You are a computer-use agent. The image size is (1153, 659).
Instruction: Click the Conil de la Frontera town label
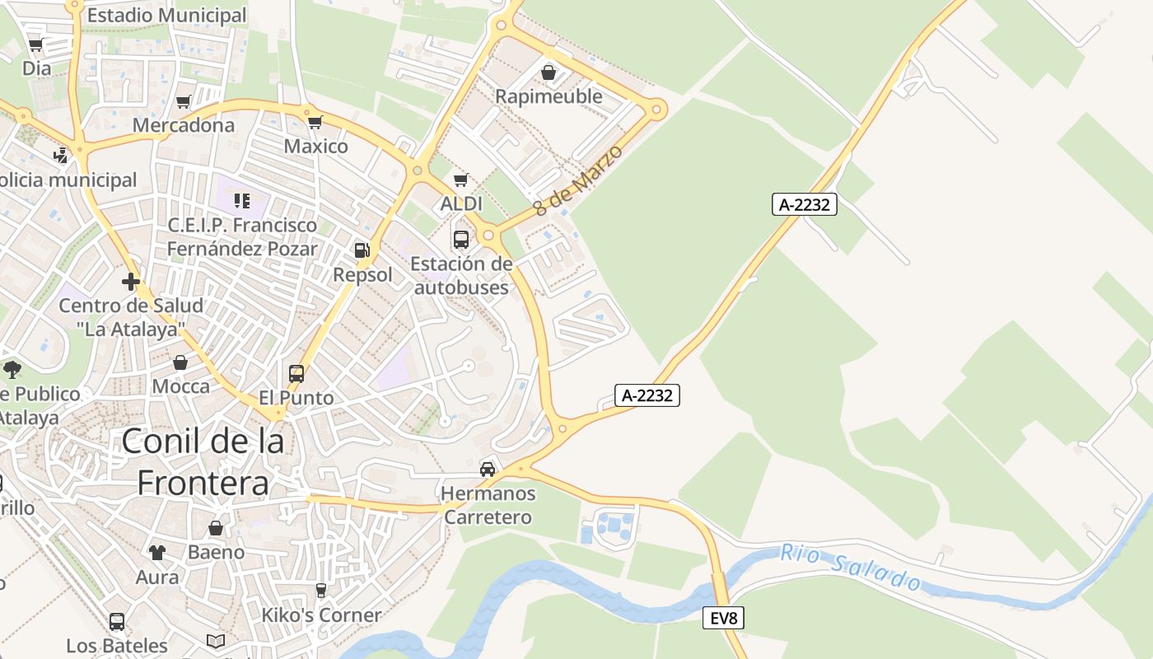203,461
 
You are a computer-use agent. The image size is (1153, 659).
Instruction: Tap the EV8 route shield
723,618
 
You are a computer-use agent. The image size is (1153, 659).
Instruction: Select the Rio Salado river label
851,568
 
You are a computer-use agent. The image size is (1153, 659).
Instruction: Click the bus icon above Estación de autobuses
461,240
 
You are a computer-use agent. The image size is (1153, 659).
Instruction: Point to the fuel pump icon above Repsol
362,250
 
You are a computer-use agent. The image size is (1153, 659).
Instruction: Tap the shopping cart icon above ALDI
461,180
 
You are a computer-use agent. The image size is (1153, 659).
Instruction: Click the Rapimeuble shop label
548,96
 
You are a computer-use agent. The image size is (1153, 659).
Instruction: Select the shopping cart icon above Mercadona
183,101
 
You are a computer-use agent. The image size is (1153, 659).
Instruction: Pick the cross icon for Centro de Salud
130,282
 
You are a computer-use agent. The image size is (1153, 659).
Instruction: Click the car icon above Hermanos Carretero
488,470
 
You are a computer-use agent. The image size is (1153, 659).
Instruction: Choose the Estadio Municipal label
166,16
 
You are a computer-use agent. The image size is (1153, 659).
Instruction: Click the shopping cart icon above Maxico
315,123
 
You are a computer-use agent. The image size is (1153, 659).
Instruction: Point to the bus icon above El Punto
296,374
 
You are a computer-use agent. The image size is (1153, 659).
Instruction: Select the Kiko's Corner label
321,615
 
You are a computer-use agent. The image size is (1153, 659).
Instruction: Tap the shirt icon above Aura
156,553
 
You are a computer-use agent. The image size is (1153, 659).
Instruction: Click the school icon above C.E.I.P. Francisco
241,200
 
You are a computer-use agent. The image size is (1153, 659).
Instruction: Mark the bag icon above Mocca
180,362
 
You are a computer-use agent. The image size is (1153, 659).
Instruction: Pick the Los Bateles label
117,645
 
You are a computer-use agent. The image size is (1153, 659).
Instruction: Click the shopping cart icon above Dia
35,44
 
